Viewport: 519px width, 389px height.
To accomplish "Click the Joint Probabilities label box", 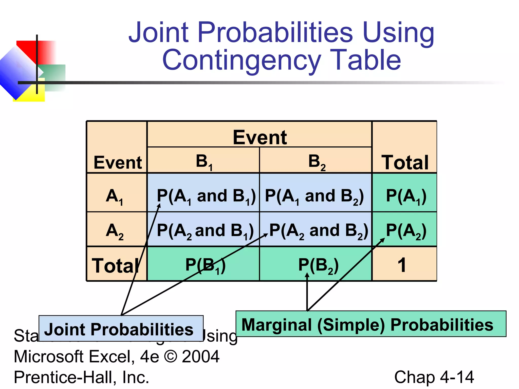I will (121, 328).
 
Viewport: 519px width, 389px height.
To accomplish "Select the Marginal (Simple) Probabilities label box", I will (371, 324).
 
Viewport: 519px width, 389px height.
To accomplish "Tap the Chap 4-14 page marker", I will (434, 377).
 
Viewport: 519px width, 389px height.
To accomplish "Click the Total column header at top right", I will (405, 162).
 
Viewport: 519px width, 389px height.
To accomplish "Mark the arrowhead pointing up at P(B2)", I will (307, 275).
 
